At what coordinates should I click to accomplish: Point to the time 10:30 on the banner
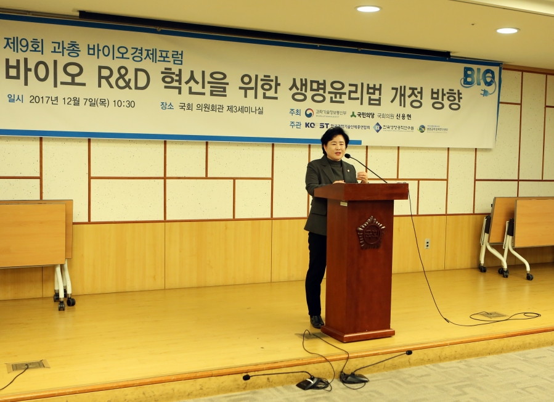[124, 104]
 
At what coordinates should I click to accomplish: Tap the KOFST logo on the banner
[317, 125]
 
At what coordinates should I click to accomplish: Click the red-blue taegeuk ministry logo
[309, 113]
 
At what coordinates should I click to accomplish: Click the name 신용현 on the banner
[404, 117]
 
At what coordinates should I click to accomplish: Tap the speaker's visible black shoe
[317, 321]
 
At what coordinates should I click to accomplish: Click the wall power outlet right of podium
[427, 244]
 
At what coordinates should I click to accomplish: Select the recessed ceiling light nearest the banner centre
[369, 9]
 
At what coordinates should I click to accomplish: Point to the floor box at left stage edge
[28, 365]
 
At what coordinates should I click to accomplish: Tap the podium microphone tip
[347, 156]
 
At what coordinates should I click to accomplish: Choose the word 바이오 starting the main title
[44, 73]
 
